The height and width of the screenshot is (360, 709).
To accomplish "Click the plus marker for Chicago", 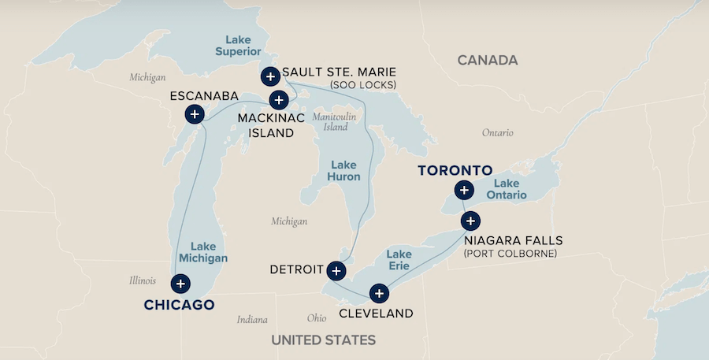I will (181, 284).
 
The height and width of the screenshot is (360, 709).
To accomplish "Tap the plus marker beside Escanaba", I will (194, 115).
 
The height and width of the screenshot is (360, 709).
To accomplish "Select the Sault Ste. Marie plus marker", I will (269, 76).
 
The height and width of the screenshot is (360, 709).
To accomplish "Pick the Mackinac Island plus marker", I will (279, 100).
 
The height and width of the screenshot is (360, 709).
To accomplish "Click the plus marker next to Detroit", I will (336, 270).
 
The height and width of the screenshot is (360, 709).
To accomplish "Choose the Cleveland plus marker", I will (380, 294).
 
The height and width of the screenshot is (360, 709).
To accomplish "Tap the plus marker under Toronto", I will (464, 190).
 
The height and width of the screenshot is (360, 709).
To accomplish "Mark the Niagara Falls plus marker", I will (470, 221).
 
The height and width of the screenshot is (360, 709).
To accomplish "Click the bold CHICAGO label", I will (179, 305).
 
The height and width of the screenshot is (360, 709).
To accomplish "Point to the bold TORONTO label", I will (455, 170).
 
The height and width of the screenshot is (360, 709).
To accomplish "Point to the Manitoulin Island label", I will (330, 121).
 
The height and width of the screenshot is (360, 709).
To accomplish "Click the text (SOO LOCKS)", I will (363, 84).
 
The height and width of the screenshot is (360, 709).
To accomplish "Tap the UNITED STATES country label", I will (323, 340).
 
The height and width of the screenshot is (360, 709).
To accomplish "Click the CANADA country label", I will (488, 61).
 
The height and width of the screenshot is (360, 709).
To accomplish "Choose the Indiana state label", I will (252, 320).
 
